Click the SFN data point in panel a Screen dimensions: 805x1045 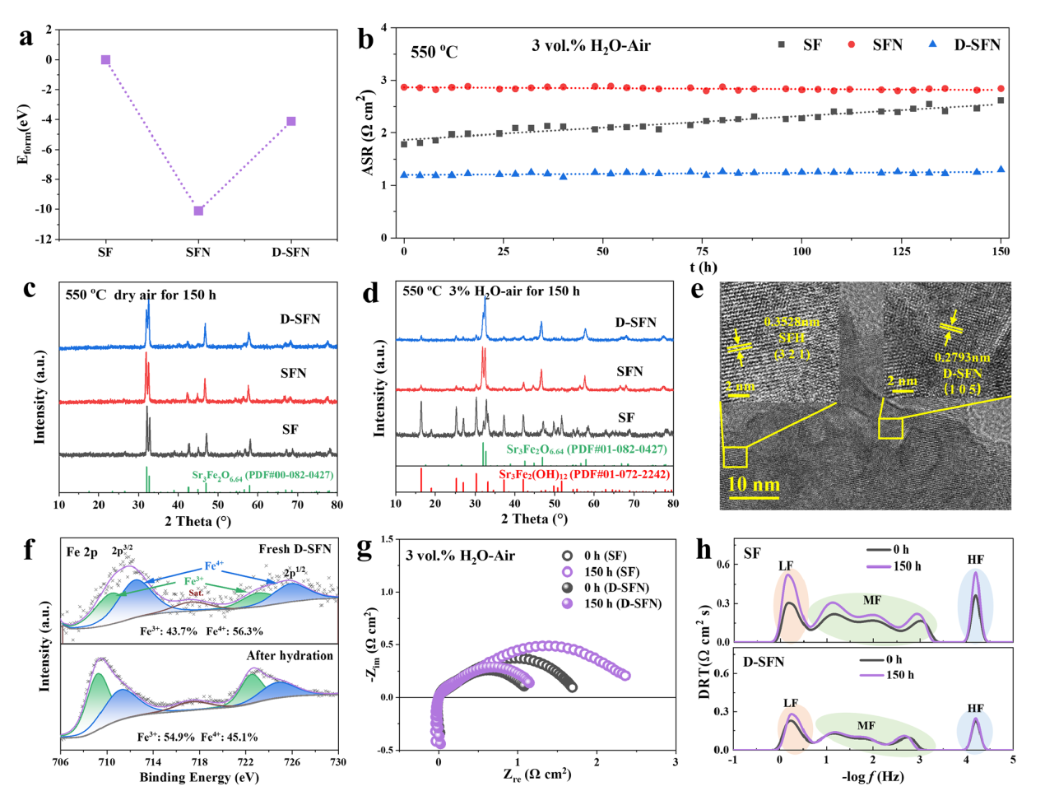click(198, 211)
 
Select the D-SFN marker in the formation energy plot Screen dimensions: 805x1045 click(290, 122)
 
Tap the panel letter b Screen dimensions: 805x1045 click(365, 40)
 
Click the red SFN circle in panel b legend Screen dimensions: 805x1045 click(852, 44)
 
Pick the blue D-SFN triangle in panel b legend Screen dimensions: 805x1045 click(932, 44)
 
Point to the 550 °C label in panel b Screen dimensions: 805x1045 click(434, 52)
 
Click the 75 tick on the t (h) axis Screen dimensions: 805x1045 click(704, 251)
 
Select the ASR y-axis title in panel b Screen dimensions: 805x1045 click(367, 133)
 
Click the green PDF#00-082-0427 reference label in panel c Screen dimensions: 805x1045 click(262, 475)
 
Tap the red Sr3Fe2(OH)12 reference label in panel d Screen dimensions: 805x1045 click(583, 475)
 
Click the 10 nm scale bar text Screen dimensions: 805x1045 click(754, 484)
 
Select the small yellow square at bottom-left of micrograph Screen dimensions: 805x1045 click(735, 457)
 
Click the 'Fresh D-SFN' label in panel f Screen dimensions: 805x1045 click(295, 549)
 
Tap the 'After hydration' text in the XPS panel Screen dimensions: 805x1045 click(290, 655)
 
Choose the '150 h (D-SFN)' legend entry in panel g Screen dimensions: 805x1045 click(622, 603)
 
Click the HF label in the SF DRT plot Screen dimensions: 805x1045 click(976, 560)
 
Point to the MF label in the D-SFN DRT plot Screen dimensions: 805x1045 click(866, 725)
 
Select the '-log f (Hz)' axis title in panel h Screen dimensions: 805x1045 click(872, 776)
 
